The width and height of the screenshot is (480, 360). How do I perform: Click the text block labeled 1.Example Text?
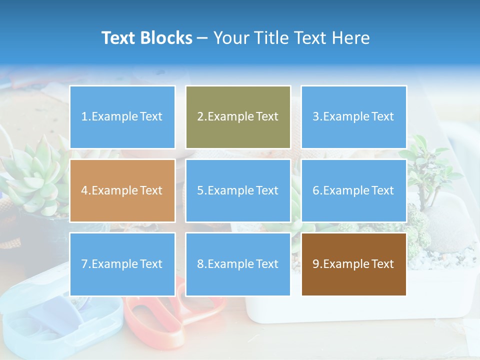122,117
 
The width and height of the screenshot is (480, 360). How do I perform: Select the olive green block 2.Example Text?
238,117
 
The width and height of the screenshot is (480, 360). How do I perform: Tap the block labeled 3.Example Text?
353,117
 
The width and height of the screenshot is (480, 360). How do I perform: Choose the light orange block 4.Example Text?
122,190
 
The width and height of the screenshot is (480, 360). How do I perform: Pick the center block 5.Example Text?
238,190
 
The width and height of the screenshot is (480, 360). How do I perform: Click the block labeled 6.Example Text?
353,190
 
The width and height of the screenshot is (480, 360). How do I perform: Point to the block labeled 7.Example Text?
122,264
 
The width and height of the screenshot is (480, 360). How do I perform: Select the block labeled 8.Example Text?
238,264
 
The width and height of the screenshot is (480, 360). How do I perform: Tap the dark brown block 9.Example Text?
353,264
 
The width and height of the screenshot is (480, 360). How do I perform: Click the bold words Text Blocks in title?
146,38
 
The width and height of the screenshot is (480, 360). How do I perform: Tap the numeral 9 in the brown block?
316,264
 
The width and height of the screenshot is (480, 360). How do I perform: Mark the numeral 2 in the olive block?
200,117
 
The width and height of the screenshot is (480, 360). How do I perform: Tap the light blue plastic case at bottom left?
55,320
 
